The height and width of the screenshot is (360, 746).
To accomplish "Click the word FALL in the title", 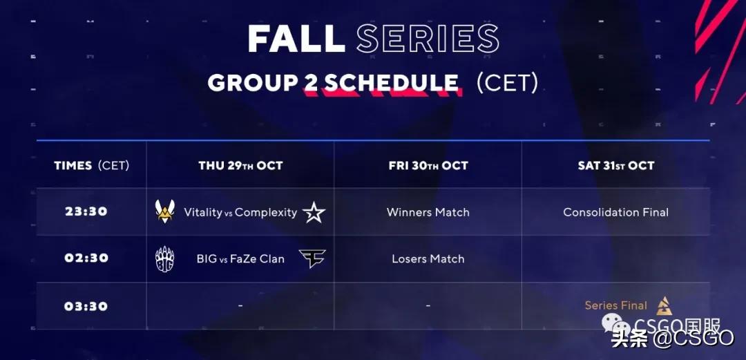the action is [x=296, y=38].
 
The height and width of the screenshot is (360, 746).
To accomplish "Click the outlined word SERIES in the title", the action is [x=428, y=38].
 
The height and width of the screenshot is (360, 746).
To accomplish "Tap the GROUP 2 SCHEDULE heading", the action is [x=333, y=84].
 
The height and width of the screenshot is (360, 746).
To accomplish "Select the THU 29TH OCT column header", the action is [x=241, y=166].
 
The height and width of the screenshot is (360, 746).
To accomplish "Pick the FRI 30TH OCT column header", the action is [x=428, y=166].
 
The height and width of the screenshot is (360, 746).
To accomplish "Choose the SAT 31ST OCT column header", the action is [x=616, y=166].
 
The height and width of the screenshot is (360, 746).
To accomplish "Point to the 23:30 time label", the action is [x=86, y=211].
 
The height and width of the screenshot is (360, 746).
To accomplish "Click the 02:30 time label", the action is [x=86, y=258].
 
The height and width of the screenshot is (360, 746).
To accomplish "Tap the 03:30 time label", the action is [x=86, y=305].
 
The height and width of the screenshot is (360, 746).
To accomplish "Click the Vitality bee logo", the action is [x=164, y=211].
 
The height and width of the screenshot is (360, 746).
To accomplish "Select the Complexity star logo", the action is [x=314, y=212].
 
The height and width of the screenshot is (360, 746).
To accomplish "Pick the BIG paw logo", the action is [x=164, y=259].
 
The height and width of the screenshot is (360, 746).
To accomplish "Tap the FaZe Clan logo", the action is [x=313, y=258].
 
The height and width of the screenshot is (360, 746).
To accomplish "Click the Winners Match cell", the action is [x=428, y=212].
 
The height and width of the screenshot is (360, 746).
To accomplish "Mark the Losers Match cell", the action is [x=428, y=258].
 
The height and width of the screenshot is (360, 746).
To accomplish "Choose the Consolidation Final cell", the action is [x=616, y=212].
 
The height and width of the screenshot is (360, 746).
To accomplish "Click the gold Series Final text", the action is [x=616, y=305].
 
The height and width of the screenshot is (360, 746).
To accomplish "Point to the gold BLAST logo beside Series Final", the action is [x=664, y=305].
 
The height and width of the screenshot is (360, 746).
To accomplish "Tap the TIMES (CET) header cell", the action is [x=91, y=166].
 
